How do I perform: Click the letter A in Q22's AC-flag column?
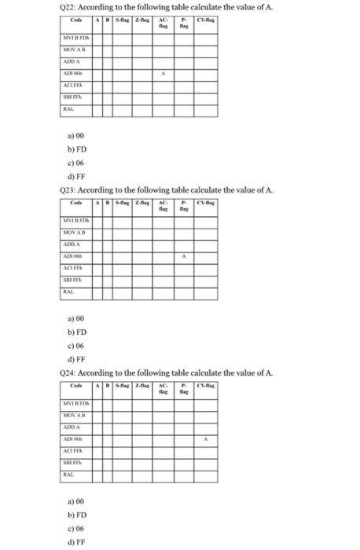tap(163, 73)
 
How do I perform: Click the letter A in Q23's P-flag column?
tap(185, 256)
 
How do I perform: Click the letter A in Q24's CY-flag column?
tap(206, 439)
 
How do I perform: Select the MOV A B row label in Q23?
tap(76, 233)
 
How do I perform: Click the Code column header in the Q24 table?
tap(76, 386)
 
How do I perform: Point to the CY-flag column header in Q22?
tap(206, 20)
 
